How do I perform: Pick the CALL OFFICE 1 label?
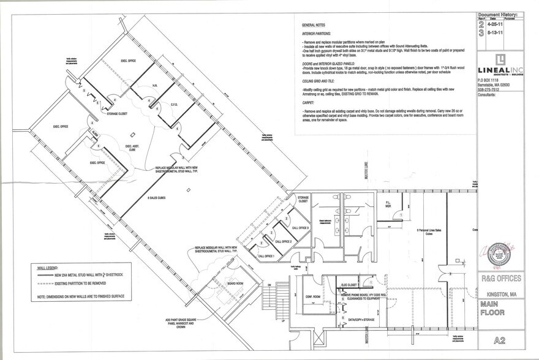266,256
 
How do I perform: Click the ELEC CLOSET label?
349,285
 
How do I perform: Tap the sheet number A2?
499,341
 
